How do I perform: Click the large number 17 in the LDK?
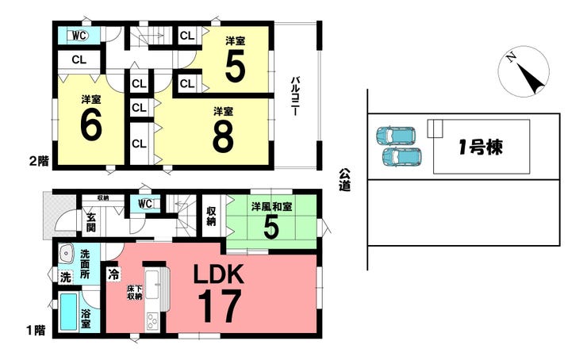[x=220, y=307]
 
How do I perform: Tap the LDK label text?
[x=219, y=274]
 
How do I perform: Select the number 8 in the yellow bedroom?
[x=223, y=136]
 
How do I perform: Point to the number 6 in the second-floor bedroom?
[x=91, y=124]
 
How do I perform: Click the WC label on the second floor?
[x=79, y=36]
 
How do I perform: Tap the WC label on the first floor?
[x=145, y=204]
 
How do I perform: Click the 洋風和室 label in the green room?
[x=271, y=207]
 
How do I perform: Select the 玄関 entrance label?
[x=91, y=222]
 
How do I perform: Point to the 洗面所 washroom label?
[x=85, y=264]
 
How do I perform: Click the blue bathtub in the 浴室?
[x=68, y=312]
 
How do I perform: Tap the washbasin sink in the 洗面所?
[x=67, y=254]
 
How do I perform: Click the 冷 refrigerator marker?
[x=113, y=274]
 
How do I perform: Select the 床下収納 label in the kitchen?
[x=134, y=293]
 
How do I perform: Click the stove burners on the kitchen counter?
[x=152, y=321]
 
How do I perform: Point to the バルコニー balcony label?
[x=295, y=96]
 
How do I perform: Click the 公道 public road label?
[x=345, y=180]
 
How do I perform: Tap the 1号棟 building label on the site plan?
[x=481, y=147]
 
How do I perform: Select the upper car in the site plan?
[x=396, y=136]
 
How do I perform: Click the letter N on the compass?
[x=511, y=57]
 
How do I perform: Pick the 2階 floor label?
[x=39, y=161]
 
